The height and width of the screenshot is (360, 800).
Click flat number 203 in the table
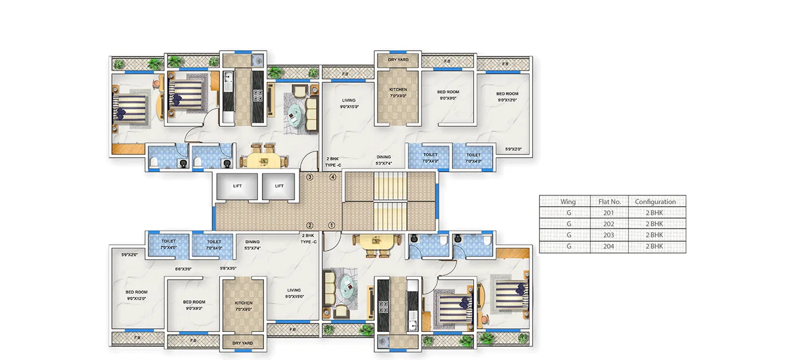[608, 235]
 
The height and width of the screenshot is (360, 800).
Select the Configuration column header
[655, 202]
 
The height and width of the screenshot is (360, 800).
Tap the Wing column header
[568, 202]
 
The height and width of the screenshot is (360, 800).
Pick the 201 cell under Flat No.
[608, 213]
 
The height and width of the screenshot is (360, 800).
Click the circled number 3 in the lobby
[310, 177]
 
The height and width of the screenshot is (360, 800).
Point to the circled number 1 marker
[331, 225]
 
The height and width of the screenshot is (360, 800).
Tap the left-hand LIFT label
[238, 186]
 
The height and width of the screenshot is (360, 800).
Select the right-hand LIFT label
[279, 186]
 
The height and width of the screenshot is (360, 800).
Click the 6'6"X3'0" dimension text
[183, 269]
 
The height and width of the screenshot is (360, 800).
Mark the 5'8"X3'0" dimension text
[228, 269]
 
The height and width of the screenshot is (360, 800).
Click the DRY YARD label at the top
[398, 59]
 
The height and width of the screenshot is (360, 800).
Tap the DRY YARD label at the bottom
[243, 343]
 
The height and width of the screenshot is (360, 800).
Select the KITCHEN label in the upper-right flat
[398, 90]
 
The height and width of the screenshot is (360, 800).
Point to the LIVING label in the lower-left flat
[294, 290]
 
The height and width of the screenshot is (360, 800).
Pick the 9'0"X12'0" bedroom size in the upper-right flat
[507, 100]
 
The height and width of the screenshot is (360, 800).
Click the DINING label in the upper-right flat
[383, 157]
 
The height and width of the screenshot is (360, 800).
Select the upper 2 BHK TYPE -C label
[333, 162]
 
